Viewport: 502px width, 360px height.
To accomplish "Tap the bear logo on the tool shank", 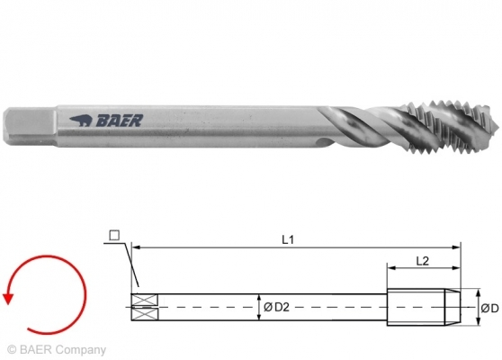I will click(82, 119).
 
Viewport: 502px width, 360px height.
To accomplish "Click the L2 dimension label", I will click(422, 259).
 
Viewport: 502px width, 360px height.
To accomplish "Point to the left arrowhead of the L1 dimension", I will click(135, 246).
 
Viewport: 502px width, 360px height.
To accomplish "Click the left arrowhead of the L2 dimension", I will click(390, 266).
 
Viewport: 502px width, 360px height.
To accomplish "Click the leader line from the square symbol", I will click(128, 266).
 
